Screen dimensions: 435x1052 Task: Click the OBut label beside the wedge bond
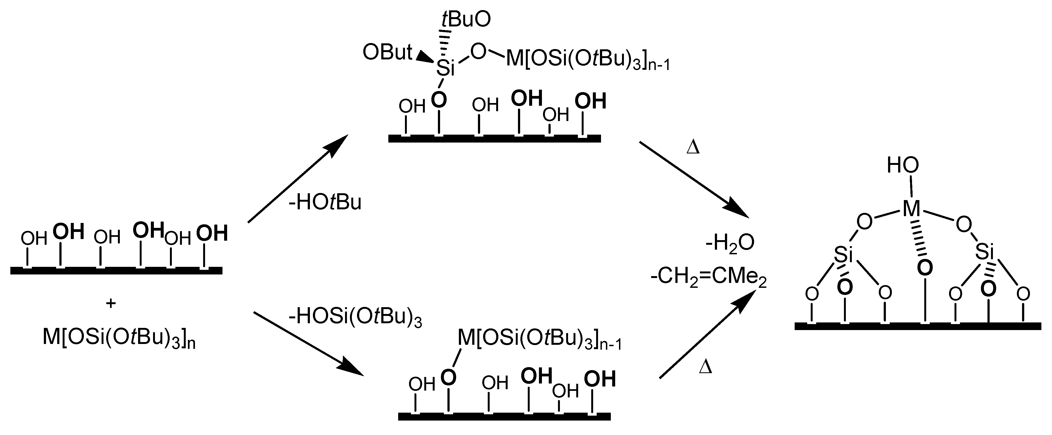pyautogui.click(x=387, y=53)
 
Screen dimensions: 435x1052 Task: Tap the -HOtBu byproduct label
pyautogui.click(x=325, y=203)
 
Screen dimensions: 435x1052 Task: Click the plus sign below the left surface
pyautogui.click(x=111, y=303)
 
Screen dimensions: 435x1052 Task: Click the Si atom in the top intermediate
pyautogui.click(x=445, y=68)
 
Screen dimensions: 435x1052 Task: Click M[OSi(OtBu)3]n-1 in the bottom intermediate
pyautogui.click(x=539, y=339)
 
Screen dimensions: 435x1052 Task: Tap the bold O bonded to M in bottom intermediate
pyautogui.click(x=449, y=377)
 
